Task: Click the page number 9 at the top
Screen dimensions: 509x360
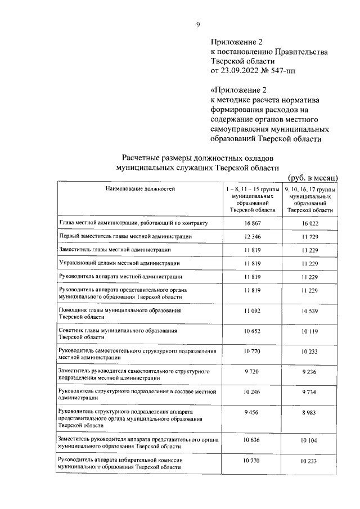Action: pos(197,24)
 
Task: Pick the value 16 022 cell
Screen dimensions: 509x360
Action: pos(310,223)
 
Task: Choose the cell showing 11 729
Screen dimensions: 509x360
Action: pos(310,237)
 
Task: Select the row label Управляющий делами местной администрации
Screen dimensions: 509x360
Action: pos(119,263)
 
